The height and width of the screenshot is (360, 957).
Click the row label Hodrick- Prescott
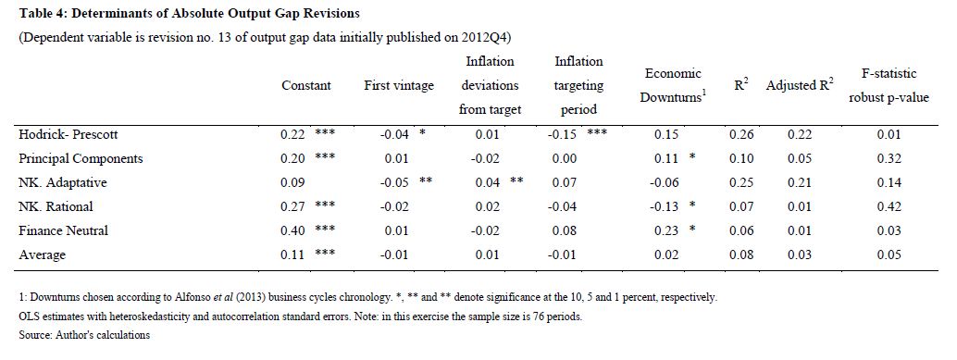click(64, 135)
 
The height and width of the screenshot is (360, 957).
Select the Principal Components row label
click(81, 158)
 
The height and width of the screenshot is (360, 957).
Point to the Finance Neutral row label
click(64, 230)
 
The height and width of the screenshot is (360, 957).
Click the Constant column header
click(306, 86)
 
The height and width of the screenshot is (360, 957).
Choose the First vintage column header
click(399, 86)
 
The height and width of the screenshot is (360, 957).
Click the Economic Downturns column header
click(673, 85)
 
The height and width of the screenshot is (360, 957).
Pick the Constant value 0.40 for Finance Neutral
click(293, 230)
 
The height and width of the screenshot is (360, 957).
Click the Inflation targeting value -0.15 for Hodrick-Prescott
click(562, 135)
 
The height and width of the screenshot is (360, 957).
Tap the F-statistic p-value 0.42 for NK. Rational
click(889, 207)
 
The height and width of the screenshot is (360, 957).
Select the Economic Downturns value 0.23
click(666, 230)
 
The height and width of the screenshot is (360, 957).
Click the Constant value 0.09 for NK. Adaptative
click(293, 182)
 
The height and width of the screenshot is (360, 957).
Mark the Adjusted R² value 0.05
click(800, 158)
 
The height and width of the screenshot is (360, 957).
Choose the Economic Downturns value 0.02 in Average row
click(666, 255)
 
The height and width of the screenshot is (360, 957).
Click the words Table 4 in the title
click(41, 13)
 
